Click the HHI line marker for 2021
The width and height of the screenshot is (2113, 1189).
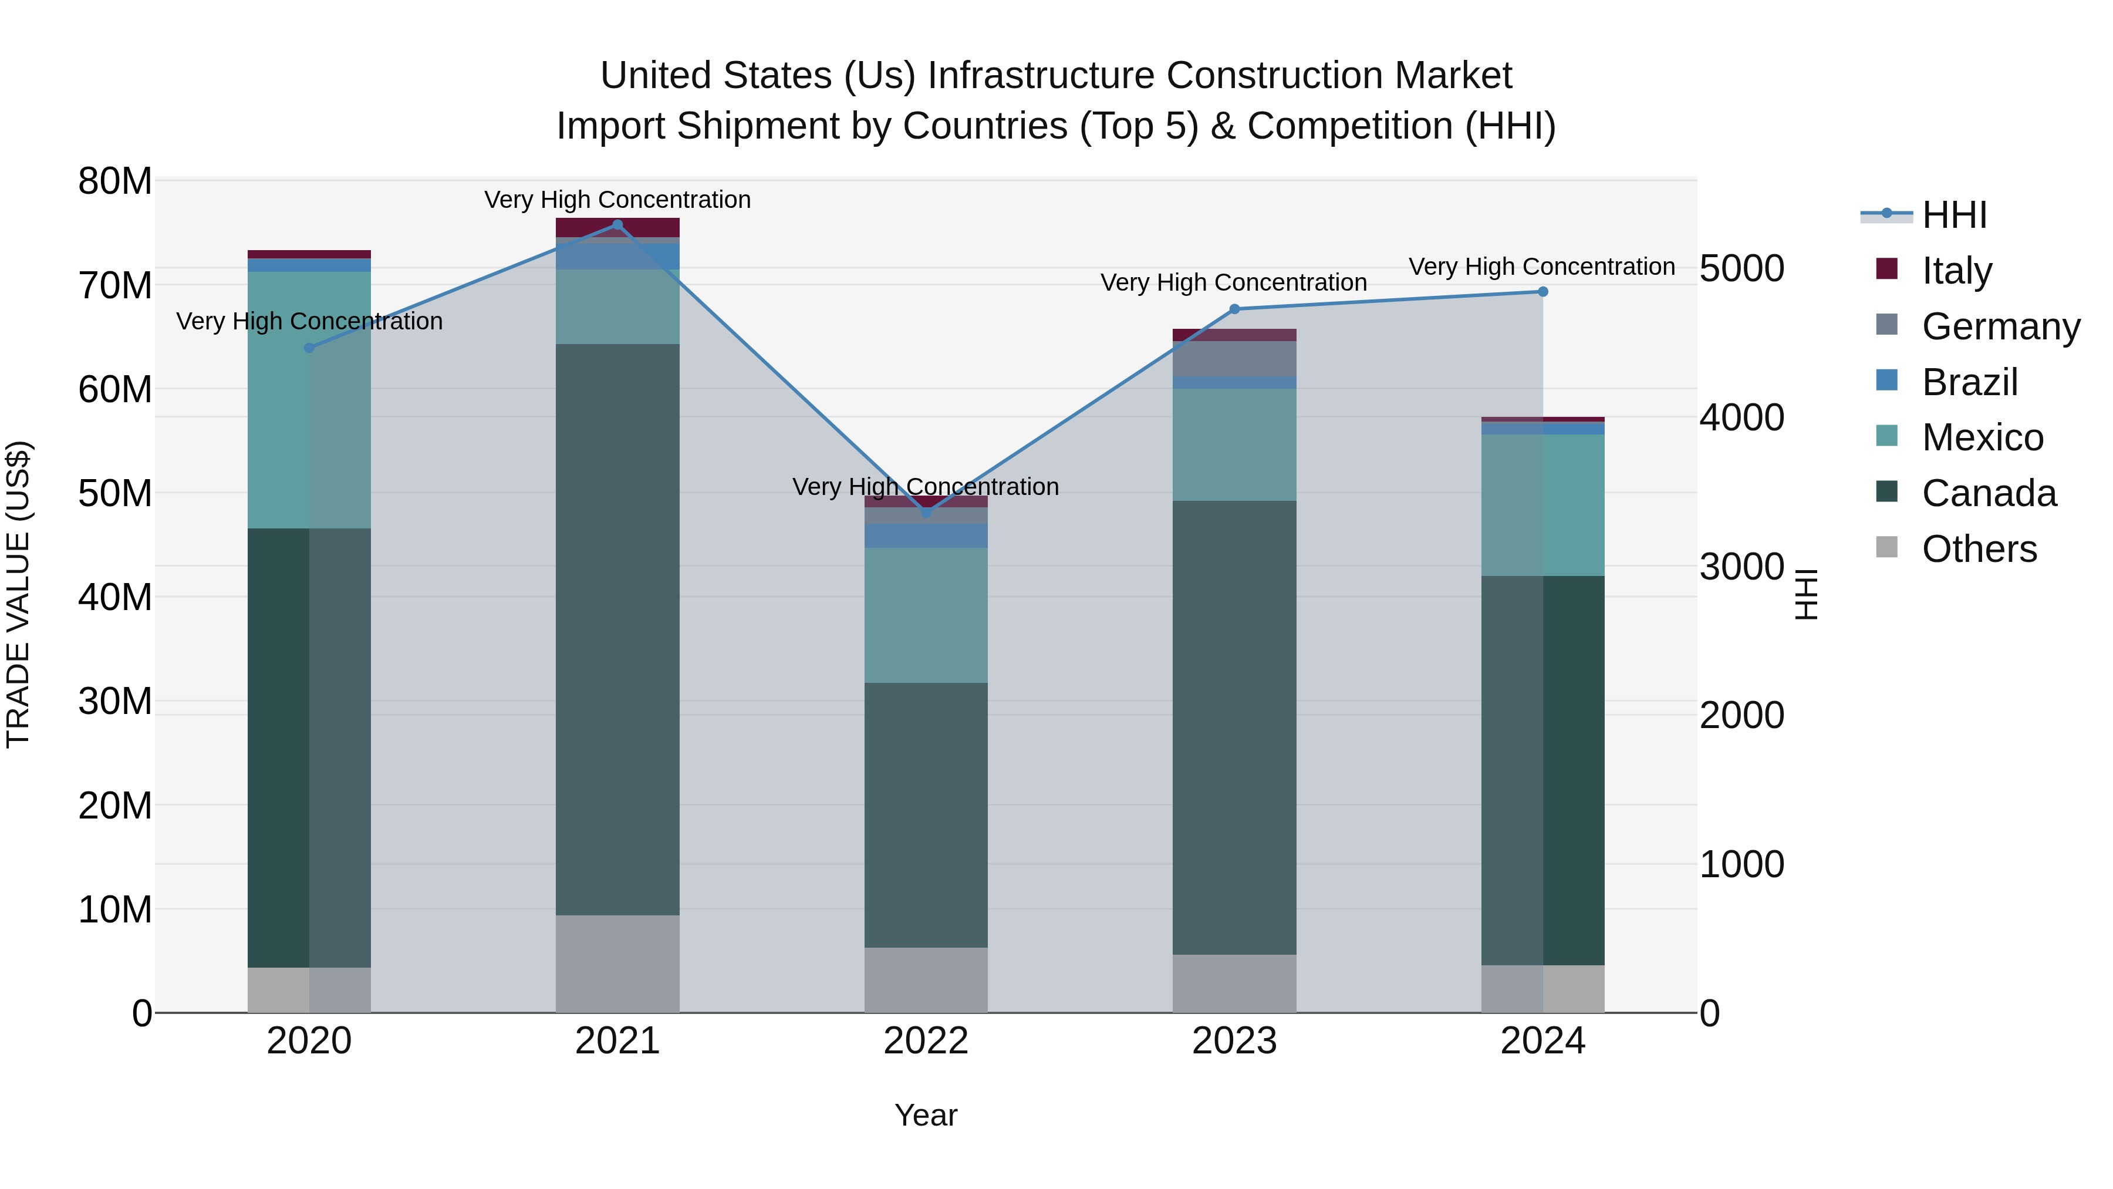tap(617, 224)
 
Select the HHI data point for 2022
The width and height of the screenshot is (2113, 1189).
tap(926, 512)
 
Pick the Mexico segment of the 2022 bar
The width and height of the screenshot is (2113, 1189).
tap(926, 615)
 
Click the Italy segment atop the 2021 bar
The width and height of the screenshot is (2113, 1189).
tap(617, 227)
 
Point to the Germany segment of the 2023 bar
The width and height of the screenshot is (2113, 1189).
tap(1234, 359)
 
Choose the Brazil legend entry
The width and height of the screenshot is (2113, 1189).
tap(1969, 382)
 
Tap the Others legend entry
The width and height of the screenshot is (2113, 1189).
tap(1979, 549)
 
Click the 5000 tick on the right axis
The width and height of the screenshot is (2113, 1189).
tap(1741, 268)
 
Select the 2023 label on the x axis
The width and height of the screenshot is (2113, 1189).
tap(1234, 1041)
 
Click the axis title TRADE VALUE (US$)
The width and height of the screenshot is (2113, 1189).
tap(18, 594)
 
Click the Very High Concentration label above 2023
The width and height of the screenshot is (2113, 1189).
tap(1233, 282)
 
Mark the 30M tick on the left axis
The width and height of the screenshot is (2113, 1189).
tap(115, 702)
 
